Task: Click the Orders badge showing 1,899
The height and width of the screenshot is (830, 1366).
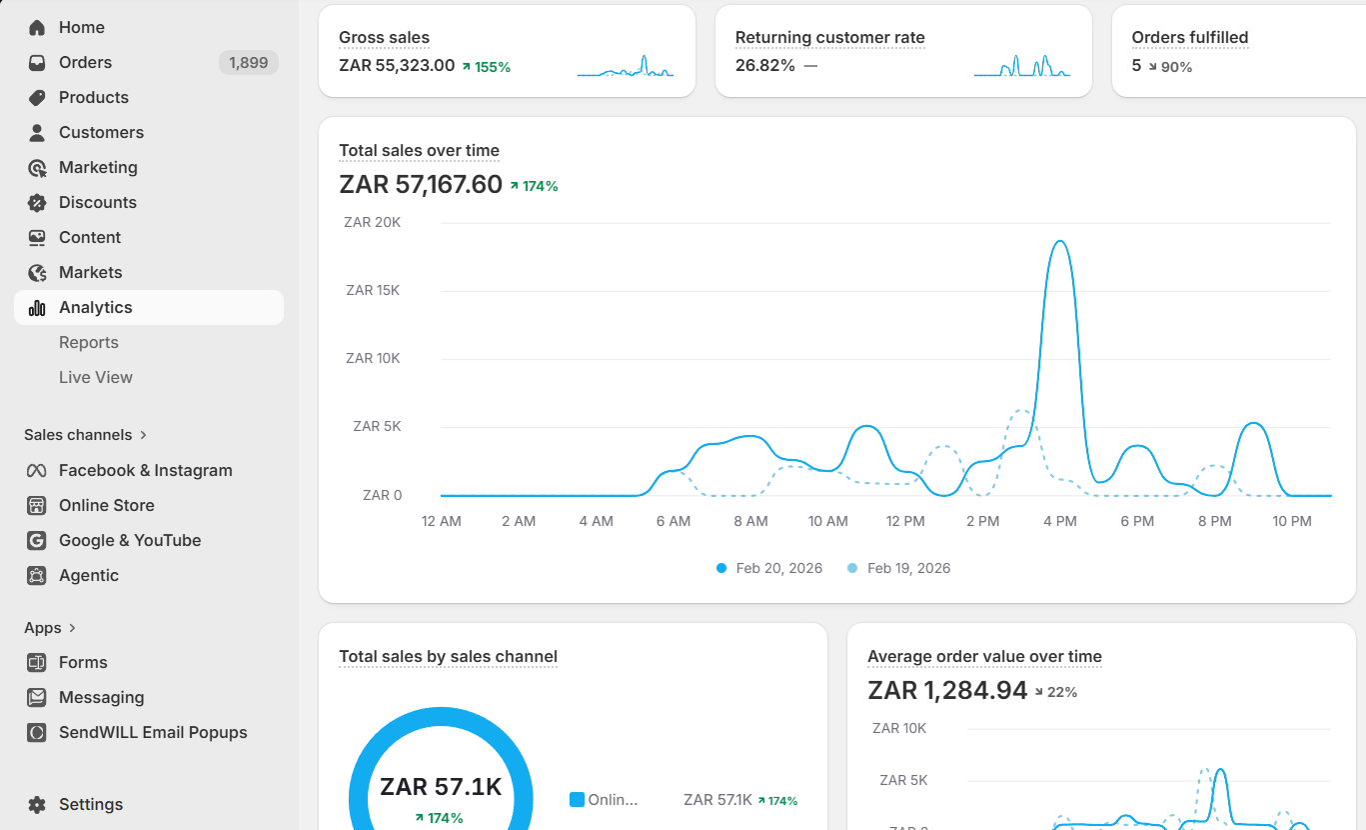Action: click(248, 62)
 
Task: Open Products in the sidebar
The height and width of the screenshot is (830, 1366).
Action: click(93, 98)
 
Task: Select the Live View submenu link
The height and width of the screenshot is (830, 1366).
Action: click(96, 377)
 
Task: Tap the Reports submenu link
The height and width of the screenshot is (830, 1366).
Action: click(88, 342)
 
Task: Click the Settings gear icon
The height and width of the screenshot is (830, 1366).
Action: click(37, 804)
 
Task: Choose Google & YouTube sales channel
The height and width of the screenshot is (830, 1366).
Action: click(130, 540)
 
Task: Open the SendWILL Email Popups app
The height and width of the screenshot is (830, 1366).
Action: click(153, 732)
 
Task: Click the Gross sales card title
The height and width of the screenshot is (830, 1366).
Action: click(384, 37)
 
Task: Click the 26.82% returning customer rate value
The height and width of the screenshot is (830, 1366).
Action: click(765, 65)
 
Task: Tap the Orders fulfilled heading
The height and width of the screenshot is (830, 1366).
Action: click(1190, 37)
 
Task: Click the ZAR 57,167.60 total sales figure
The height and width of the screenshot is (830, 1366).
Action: click(421, 184)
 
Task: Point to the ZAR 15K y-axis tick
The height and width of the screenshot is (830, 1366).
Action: click(373, 290)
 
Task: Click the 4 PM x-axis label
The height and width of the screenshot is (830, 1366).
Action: click(1060, 521)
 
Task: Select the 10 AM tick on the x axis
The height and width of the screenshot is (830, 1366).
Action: click(827, 521)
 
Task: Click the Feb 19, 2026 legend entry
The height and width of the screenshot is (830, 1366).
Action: click(899, 568)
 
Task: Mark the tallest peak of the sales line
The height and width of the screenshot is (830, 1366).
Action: click(1060, 241)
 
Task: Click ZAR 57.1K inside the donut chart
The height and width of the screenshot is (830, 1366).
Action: click(441, 787)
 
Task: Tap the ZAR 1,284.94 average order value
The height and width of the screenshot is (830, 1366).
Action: click(947, 690)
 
